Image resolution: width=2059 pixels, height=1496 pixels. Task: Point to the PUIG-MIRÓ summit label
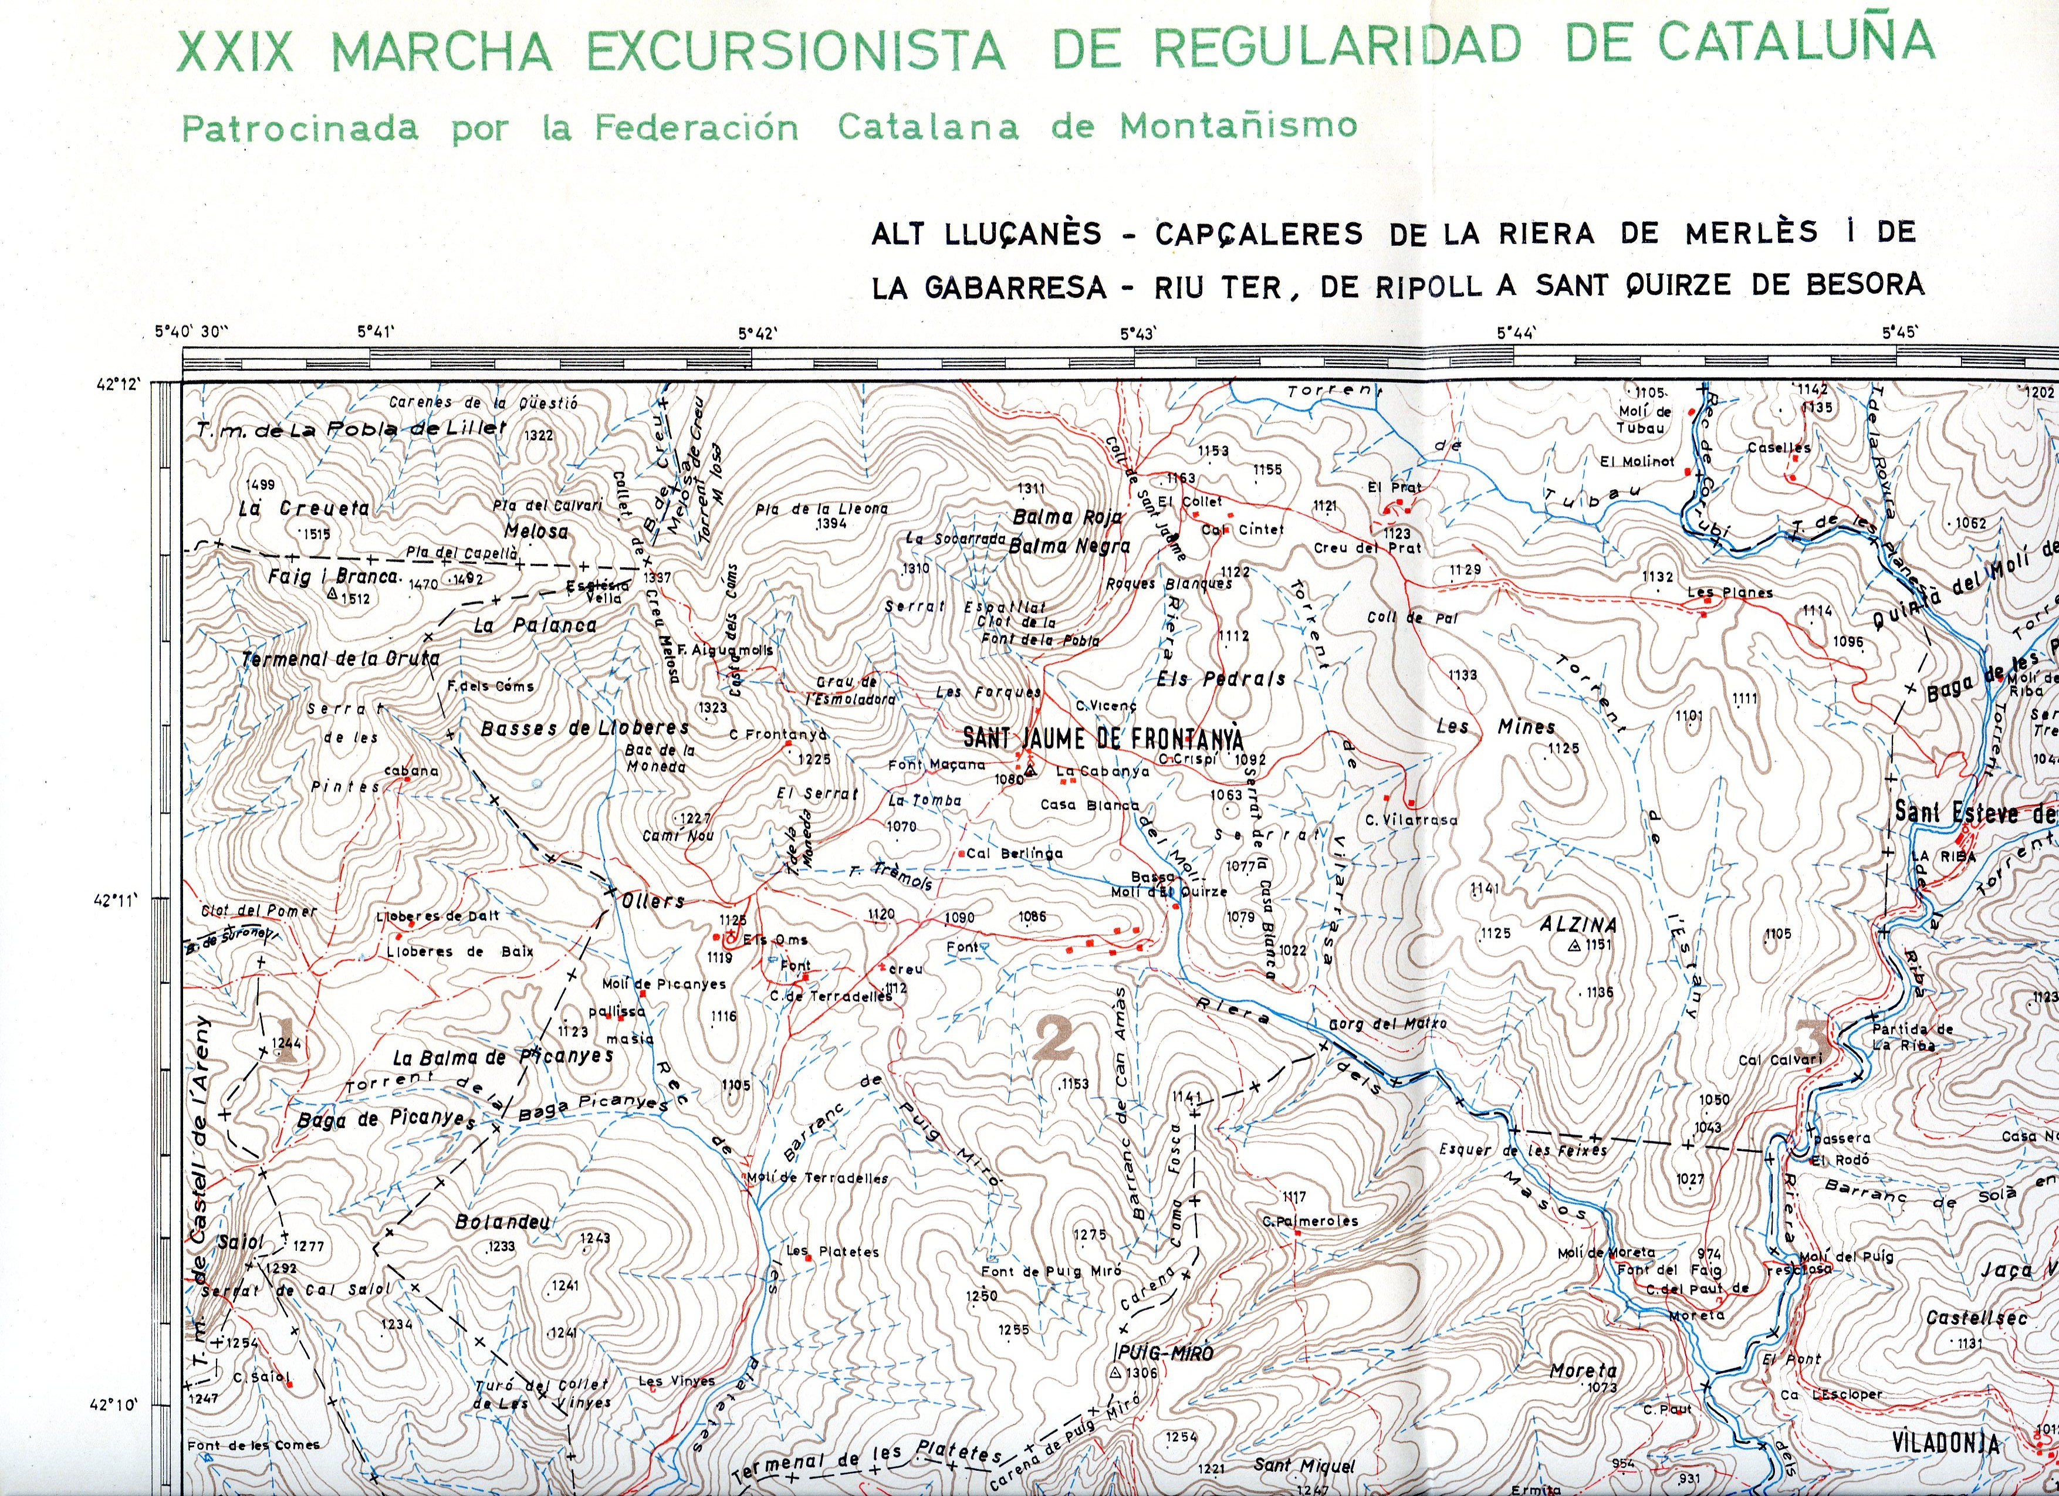(1164, 1353)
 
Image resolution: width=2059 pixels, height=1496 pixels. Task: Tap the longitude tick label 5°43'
(1136, 334)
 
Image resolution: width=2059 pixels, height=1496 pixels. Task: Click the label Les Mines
(1495, 727)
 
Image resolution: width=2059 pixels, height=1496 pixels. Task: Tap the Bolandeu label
(503, 1222)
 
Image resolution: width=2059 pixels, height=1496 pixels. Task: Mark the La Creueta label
(304, 509)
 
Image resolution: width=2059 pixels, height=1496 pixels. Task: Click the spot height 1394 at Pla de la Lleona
(831, 524)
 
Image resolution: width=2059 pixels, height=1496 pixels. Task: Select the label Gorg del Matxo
(1387, 1024)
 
